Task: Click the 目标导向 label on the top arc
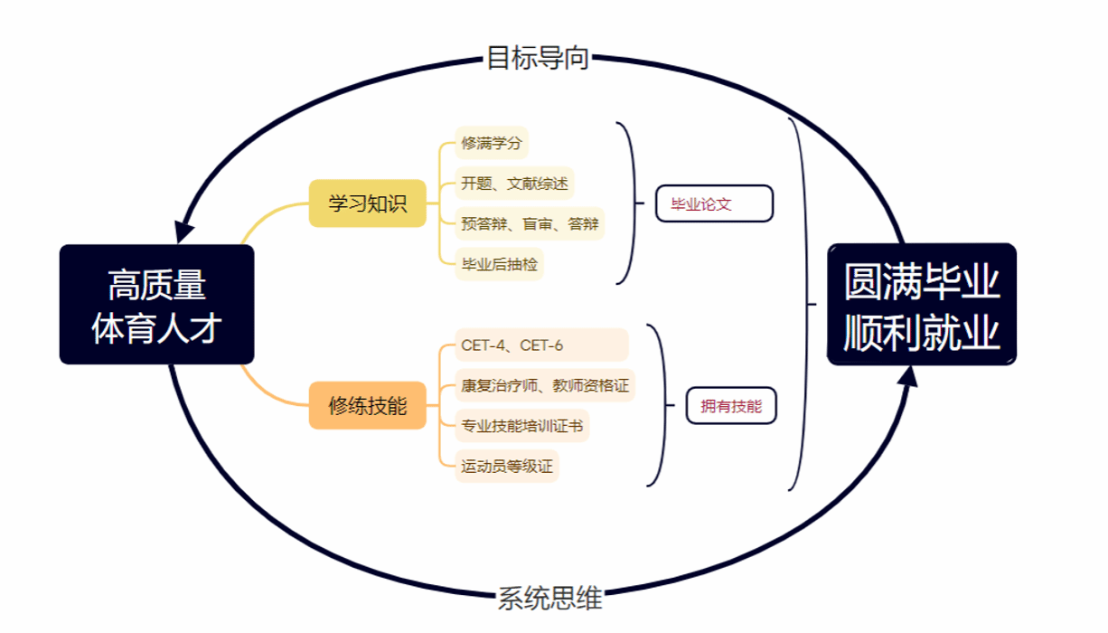point(538,58)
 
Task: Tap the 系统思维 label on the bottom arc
point(549,598)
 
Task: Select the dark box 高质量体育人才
point(156,305)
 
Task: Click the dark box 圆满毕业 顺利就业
point(922,305)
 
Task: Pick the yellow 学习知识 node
point(367,203)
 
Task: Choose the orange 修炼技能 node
point(367,405)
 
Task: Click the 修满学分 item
point(492,143)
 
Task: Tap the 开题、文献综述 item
point(514,184)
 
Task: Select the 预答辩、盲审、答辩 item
point(530,223)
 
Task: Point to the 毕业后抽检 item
point(499,264)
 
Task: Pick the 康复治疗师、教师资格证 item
point(545,385)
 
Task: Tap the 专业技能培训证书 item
point(522,426)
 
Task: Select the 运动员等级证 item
point(506,467)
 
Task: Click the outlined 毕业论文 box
point(714,203)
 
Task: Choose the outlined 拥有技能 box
point(731,406)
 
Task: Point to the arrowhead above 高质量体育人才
point(185,229)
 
